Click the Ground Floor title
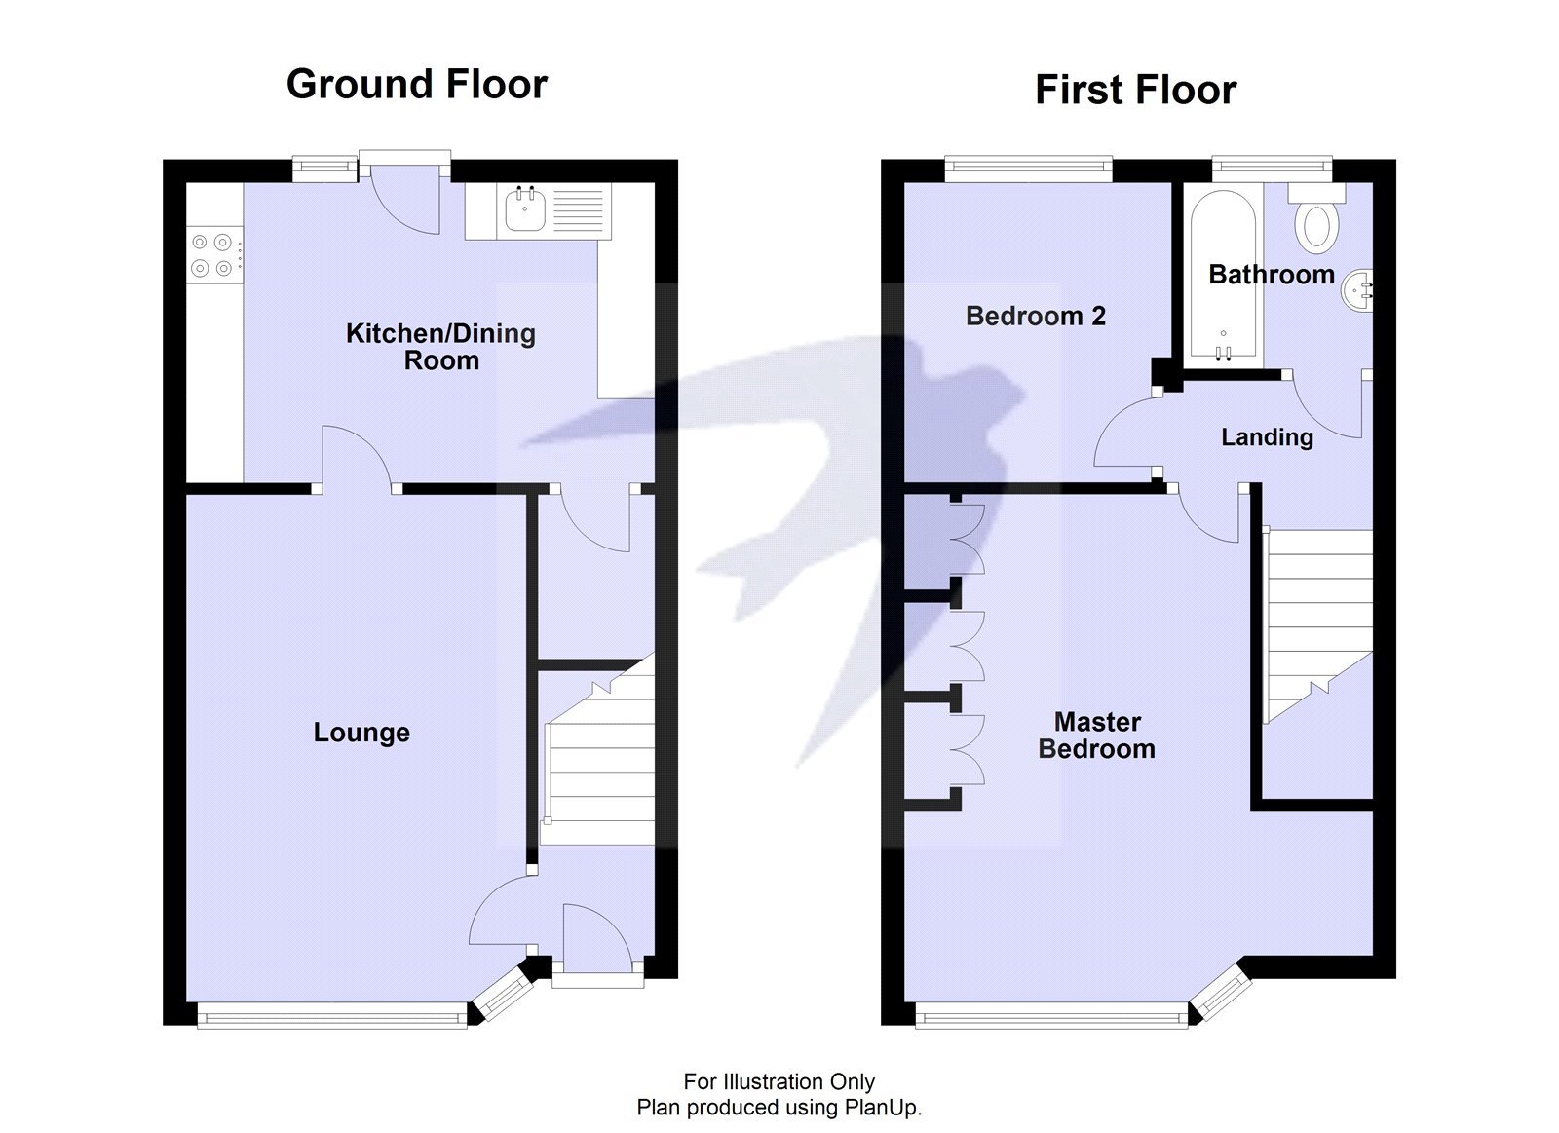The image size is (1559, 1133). coord(416,85)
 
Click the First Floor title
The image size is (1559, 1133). coord(1134,90)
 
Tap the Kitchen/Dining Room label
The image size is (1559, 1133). coord(440,347)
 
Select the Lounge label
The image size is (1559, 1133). coord(361,733)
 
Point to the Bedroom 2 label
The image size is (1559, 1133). coord(1035,316)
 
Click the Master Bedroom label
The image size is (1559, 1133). coord(1097,736)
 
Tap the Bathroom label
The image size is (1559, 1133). coord(1271,275)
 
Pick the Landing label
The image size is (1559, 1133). coord(1267,437)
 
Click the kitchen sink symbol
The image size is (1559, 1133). coord(525,211)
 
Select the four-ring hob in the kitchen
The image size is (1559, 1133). coord(212,254)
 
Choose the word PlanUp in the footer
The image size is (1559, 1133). coord(881,1108)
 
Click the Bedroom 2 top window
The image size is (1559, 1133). coord(1028,170)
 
